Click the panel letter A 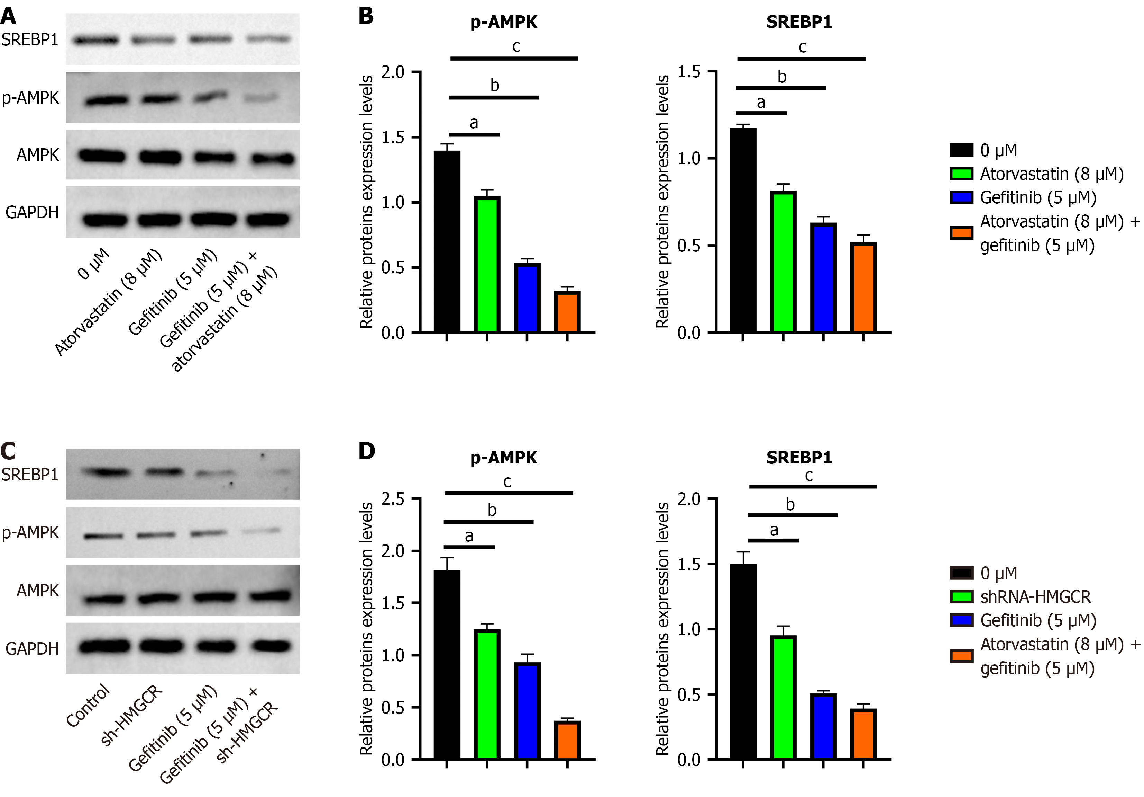8,16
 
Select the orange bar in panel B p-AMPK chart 567,312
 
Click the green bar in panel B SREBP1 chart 783,262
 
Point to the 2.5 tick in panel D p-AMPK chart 393,499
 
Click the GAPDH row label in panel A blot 32,212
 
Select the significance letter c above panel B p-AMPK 516,46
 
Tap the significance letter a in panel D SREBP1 774,530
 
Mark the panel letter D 366,451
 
